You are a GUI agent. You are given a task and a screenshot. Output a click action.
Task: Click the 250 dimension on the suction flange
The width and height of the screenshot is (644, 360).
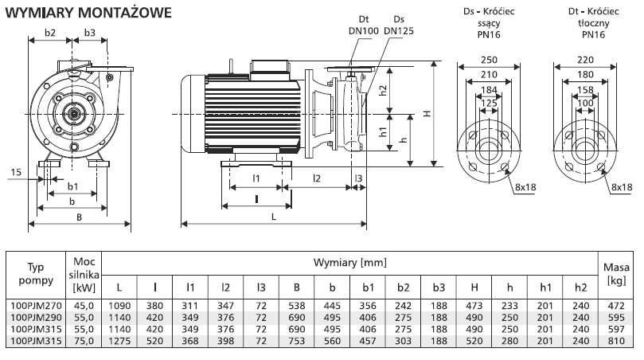489,59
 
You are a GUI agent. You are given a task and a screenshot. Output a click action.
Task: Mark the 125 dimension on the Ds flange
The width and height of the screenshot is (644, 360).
489,104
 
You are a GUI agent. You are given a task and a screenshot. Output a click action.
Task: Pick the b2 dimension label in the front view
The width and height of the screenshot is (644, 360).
49,33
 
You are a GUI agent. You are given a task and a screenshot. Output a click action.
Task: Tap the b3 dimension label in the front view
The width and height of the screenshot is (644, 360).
89,33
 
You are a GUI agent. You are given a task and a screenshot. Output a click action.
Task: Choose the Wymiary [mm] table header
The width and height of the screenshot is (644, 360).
349,262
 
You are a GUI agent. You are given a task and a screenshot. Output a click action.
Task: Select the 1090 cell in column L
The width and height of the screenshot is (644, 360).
119,305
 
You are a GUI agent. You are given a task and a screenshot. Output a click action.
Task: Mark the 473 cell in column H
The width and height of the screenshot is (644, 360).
474,305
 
